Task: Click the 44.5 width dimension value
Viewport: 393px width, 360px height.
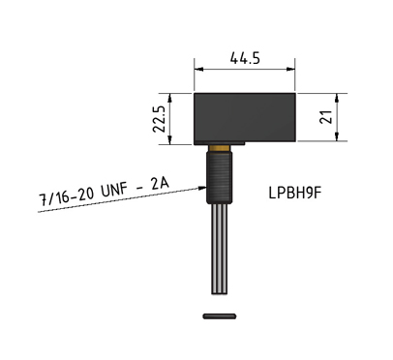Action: [244, 58]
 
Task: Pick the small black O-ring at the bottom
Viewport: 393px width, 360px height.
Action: [221, 315]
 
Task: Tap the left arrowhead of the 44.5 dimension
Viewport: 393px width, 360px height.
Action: [199, 69]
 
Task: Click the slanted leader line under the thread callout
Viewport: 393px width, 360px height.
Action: [106, 200]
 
